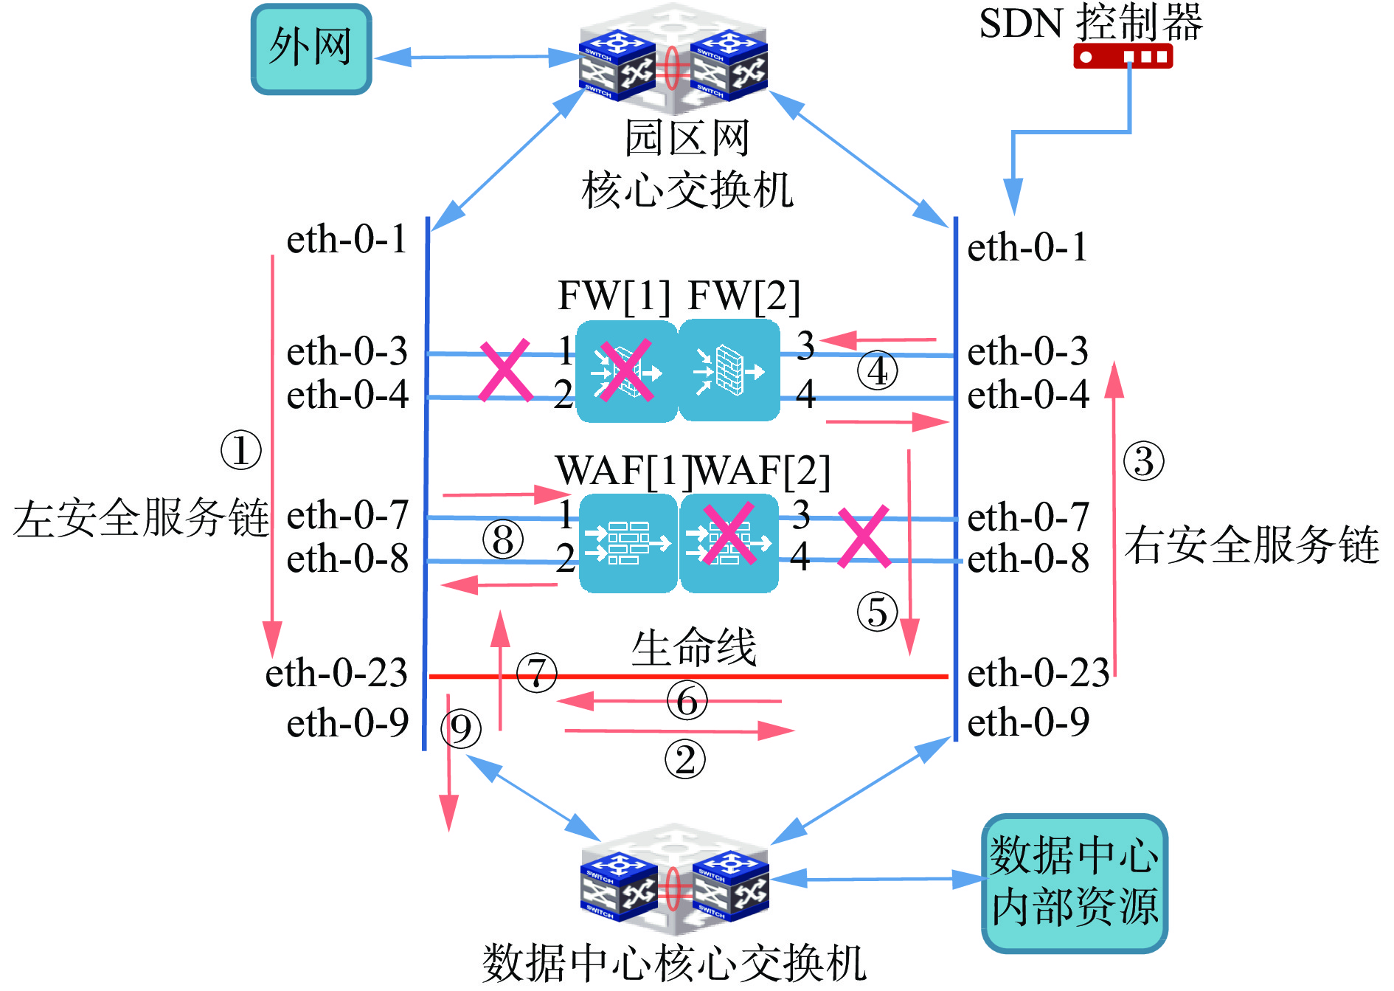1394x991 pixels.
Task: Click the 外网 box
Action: (311, 49)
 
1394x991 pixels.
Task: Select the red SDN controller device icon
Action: (1123, 56)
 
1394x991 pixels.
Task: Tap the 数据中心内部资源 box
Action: (1075, 883)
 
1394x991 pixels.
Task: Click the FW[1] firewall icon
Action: (626, 370)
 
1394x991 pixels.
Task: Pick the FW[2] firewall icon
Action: (729, 370)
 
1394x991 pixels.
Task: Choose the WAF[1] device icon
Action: (628, 544)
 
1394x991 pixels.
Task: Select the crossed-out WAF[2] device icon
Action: (729, 544)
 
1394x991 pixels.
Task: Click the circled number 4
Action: (877, 371)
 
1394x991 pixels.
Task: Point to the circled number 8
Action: (503, 539)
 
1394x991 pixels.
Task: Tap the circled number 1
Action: (241, 450)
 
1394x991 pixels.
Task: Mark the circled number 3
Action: (1143, 461)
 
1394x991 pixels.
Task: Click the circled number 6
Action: (687, 701)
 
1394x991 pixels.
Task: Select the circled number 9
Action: (461, 729)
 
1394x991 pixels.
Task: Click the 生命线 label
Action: (694, 647)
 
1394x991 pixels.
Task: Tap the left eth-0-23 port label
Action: (336, 673)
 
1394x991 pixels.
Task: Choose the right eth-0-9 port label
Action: (1028, 722)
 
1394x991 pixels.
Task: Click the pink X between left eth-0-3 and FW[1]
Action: (506, 370)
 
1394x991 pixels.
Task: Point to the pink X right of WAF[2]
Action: (864, 536)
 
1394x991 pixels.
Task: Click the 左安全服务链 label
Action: (141, 517)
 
